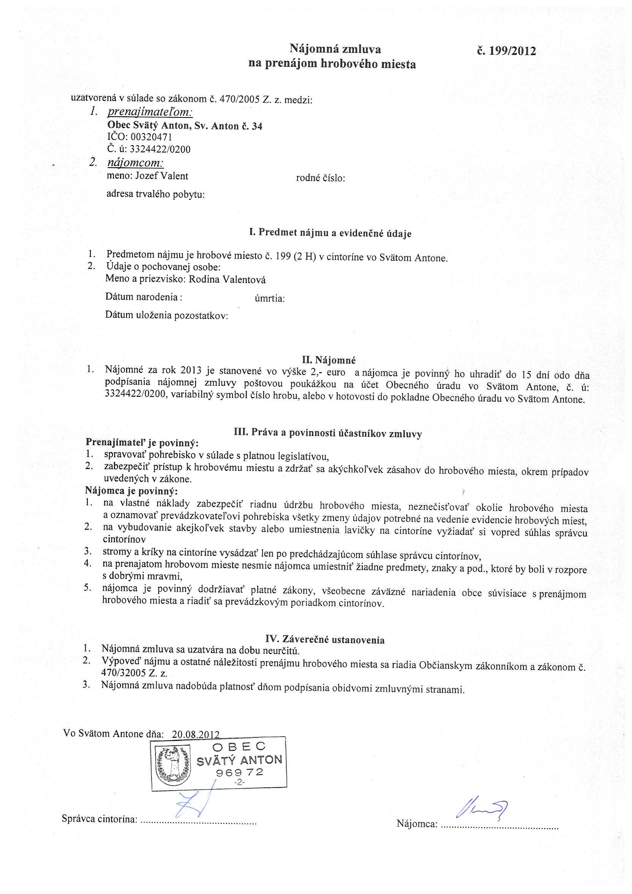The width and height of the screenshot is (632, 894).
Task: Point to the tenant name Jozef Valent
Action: [x=161, y=176]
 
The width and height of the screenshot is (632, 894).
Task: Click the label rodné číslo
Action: [x=321, y=179]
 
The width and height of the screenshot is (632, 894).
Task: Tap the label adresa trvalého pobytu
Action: [x=156, y=194]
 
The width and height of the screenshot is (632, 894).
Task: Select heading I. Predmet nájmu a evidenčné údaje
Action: [x=330, y=234]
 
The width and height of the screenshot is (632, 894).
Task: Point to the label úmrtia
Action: [x=270, y=299]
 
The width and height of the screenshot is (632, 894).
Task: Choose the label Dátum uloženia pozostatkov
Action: [x=167, y=315]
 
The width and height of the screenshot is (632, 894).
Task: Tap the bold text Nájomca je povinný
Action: [x=131, y=491]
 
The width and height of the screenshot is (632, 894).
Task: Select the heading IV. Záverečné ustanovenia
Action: [x=325, y=639]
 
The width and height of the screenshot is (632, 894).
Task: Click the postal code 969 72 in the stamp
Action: [x=240, y=772]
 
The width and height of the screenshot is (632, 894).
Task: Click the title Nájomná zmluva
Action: [x=335, y=49]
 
